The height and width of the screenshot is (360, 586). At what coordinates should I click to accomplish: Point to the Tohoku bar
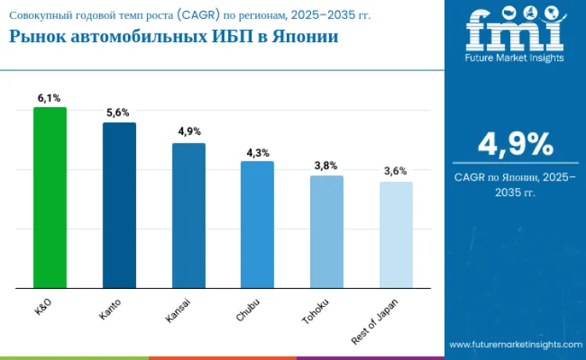coord(327,232)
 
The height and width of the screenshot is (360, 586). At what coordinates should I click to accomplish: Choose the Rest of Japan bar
coord(395,235)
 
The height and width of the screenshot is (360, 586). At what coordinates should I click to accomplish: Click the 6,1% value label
coord(49,98)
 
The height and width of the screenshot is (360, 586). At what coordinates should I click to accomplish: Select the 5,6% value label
coord(119,113)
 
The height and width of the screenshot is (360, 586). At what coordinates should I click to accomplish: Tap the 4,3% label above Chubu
coord(257,152)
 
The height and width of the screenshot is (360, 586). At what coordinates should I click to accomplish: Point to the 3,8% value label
coord(327,166)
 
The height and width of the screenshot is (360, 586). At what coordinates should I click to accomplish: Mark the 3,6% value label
coord(395,172)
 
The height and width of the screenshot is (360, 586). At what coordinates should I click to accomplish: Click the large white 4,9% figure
coord(515,144)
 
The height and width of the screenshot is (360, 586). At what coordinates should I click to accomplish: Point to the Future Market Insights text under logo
coord(515,58)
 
